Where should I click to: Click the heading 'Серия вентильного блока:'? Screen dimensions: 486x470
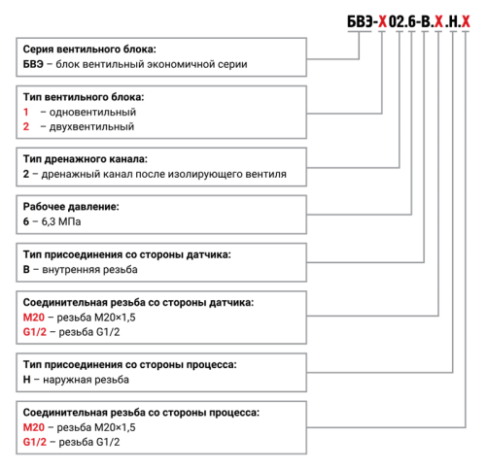point(89,50)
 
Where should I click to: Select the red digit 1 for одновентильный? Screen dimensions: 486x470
point(26,112)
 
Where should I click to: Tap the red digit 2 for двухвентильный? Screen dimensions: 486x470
point(26,126)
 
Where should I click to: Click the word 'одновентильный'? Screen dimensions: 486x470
point(92,113)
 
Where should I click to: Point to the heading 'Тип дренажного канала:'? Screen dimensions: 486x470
point(86,159)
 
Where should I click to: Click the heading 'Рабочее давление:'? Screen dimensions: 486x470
point(71,207)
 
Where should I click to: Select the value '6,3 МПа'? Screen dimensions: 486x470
point(61,221)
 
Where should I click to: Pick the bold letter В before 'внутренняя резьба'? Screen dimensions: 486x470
point(26,269)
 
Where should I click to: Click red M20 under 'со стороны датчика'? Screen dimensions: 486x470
point(34,318)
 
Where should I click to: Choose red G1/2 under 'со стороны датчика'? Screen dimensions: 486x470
point(35,332)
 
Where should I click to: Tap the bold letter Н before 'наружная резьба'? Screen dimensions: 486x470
point(26,380)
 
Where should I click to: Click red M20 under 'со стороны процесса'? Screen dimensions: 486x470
point(34,427)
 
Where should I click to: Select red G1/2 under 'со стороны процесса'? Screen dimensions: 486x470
point(35,442)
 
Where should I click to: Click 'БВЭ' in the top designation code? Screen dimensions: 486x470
point(360,21)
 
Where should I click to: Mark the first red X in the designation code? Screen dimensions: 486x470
point(383,21)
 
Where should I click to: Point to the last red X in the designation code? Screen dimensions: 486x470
point(466,21)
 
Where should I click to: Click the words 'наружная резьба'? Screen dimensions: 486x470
point(86,380)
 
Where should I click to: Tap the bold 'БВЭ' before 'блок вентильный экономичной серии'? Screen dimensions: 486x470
point(33,64)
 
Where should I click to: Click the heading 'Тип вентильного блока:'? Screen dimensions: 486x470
point(84,97)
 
